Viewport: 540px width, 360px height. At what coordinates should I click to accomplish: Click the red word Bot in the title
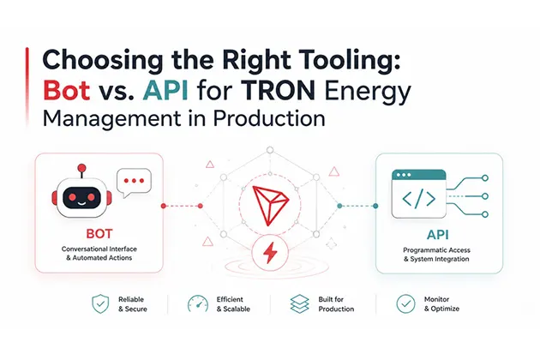(x=67, y=90)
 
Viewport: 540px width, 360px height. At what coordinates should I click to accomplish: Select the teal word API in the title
(x=165, y=90)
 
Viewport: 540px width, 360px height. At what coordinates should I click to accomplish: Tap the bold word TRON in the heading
(x=278, y=90)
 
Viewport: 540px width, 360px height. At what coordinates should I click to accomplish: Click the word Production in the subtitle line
(x=269, y=118)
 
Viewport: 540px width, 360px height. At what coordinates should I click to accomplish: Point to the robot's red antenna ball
(x=81, y=168)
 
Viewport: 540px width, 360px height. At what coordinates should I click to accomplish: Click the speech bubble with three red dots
(x=134, y=183)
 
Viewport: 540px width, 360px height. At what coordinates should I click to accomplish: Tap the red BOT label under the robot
(x=99, y=234)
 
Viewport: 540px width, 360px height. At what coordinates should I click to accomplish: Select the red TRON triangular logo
(x=270, y=205)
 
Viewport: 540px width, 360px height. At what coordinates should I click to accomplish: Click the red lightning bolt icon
(x=270, y=253)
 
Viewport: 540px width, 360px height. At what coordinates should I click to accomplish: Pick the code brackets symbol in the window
(x=419, y=199)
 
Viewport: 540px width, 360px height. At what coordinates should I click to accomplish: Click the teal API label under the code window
(x=438, y=235)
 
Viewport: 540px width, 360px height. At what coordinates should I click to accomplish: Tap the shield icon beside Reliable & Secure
(x=100, y=303)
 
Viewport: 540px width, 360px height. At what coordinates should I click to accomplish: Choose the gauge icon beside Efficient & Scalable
(x=198, y=303)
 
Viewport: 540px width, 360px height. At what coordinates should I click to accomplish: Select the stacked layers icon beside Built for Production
(x=300, y=303)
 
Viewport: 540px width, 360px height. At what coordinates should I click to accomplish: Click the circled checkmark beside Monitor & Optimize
(x=405, y=303)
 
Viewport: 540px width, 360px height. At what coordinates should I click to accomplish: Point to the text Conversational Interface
(x=99, y=249)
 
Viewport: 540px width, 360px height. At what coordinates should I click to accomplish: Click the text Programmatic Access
(x=436, y=250)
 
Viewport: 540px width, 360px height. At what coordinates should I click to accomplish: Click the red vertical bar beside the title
(x=27, y=86)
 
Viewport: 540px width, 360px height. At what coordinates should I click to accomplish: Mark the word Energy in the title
(x=368, y=92)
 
